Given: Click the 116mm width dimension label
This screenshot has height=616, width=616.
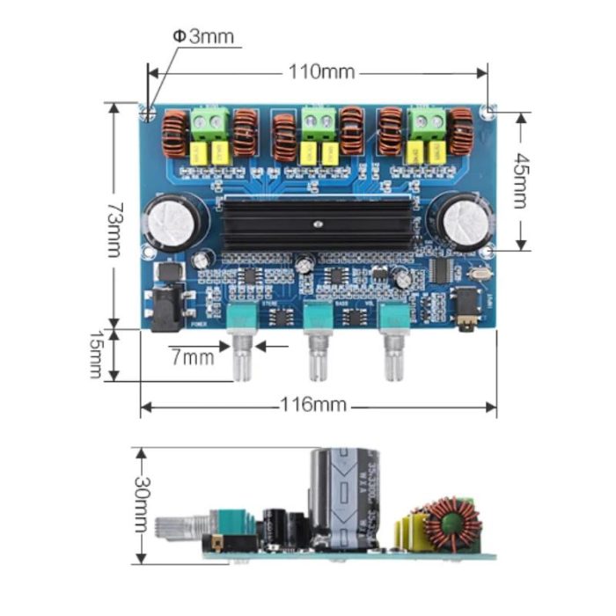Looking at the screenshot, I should click(x=314, y=406).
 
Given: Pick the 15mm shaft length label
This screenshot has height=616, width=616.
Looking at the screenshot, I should click(x=97, y=356).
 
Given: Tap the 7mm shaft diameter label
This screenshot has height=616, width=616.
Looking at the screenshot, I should click(x=193, y=357).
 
